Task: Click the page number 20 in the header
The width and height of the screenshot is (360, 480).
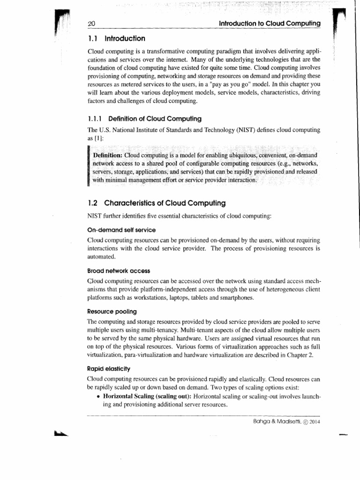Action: coord(91,24)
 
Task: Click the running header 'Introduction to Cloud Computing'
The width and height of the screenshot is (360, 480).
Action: coord(267,23)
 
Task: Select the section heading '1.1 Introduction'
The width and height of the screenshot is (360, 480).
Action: coord(116,38)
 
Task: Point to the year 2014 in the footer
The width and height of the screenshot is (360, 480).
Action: coord(314,421)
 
